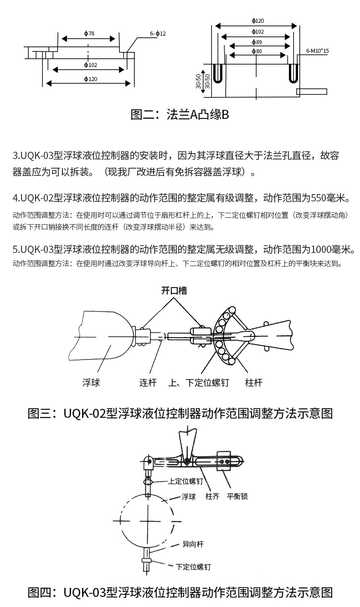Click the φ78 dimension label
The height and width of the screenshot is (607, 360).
pos(89,34)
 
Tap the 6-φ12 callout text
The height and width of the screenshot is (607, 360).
pos(158,34)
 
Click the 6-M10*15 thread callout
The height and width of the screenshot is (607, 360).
pos(317,51)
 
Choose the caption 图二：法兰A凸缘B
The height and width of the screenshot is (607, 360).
pos(180,114)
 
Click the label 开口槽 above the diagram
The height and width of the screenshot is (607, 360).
pos(174,291)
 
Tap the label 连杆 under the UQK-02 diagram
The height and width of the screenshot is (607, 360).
pos(148,383)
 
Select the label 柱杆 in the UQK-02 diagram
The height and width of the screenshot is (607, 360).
pos(254,383)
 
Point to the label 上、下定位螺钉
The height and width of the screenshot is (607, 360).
pos(199,383)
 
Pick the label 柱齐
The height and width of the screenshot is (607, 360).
pos(212,496)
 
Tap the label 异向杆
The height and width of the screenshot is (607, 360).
pos(193,544)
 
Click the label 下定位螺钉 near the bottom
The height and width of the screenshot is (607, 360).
pos(193,567)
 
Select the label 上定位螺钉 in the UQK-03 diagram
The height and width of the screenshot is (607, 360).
pos(185,481)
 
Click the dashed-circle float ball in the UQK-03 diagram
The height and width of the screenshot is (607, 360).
pos(147,520)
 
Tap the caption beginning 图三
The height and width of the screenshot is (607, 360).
pos(180,413)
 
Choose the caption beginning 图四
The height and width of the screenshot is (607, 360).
pos(180,592)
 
